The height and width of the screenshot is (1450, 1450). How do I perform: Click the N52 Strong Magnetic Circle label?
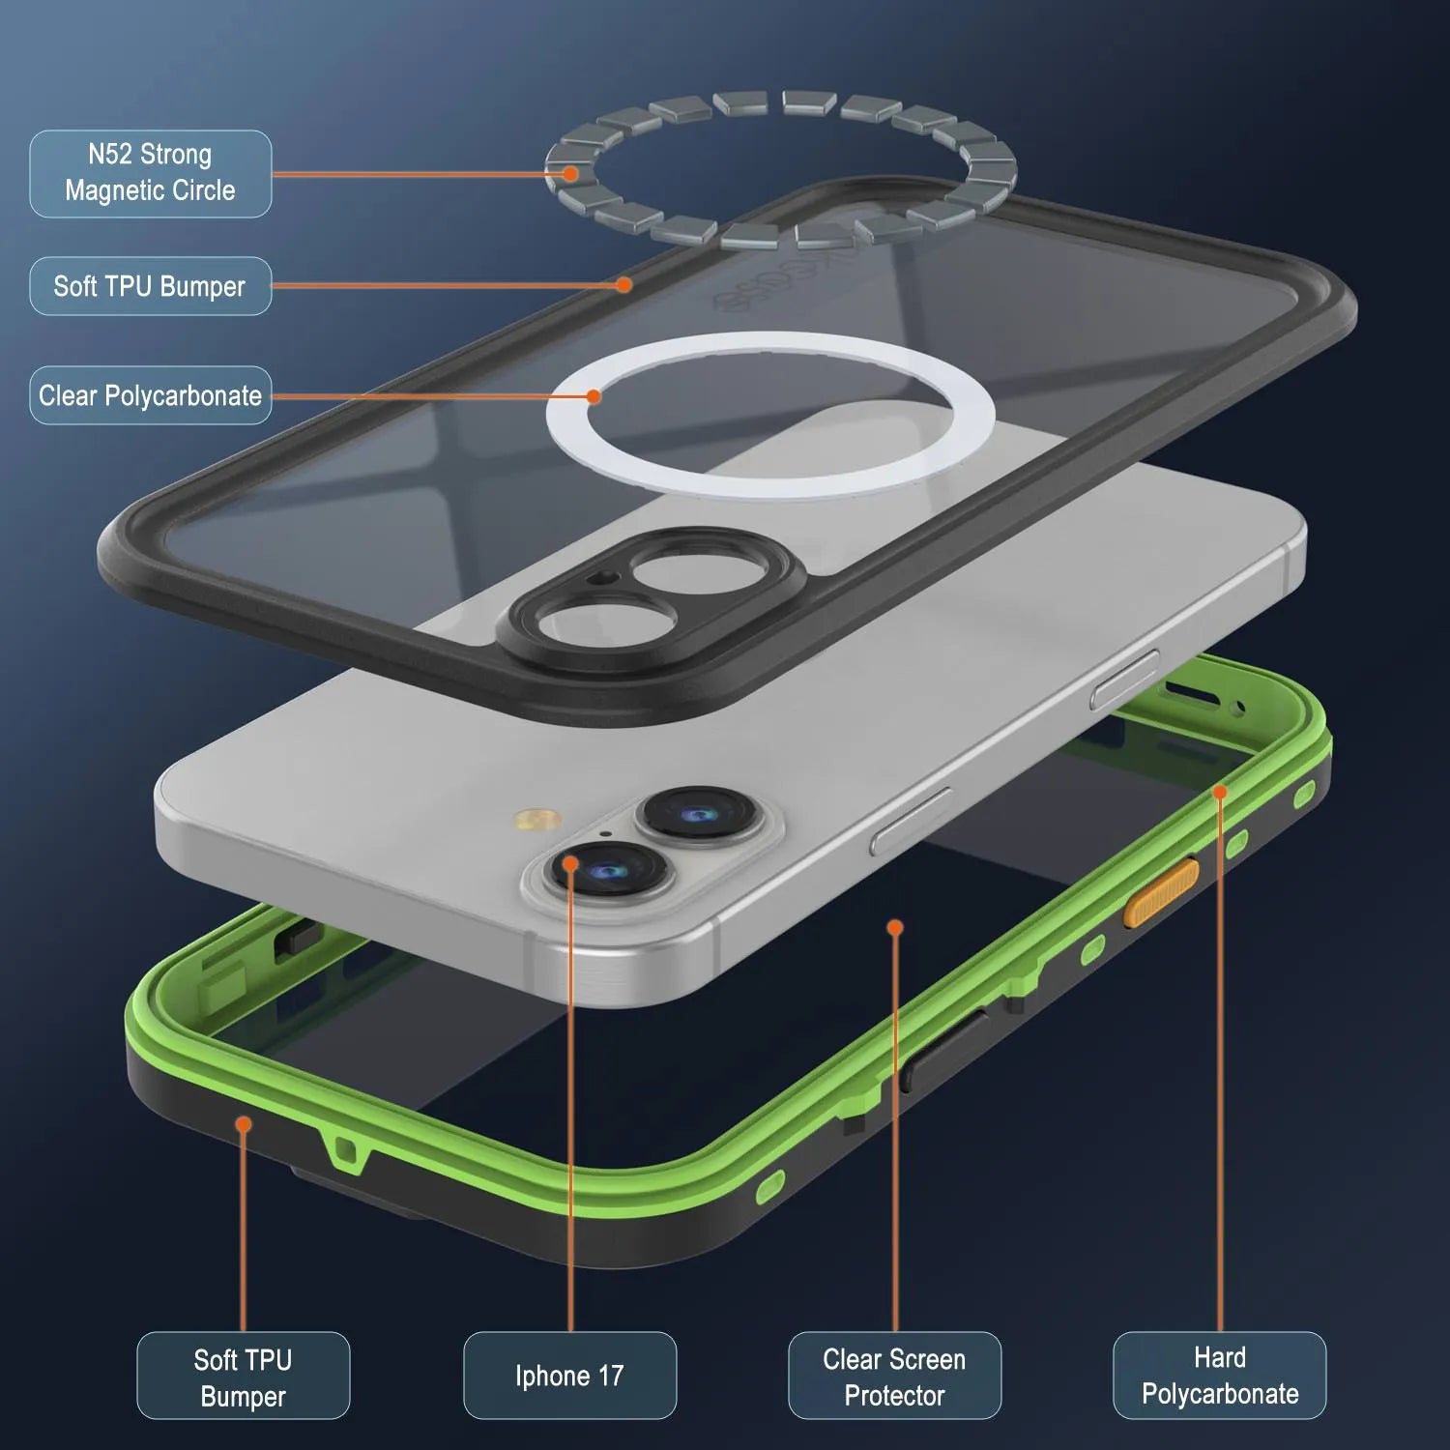(150, 173)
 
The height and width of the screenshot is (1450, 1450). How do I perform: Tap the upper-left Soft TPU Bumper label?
(150, 286)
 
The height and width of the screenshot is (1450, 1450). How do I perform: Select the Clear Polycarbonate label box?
(150, 395)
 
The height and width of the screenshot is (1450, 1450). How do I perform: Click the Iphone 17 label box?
(569, 1375)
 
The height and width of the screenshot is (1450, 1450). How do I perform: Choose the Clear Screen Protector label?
(894, 1376)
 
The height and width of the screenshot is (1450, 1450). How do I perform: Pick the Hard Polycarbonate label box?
(1219, 1375)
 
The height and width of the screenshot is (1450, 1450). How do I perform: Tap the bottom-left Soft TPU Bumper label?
(243, 1376)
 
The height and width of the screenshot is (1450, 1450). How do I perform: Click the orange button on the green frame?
(1161, 893)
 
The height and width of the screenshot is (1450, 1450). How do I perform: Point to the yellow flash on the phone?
(537, 821)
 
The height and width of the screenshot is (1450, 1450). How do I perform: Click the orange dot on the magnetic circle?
(570, 174)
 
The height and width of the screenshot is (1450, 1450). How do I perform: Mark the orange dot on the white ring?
(594, 396)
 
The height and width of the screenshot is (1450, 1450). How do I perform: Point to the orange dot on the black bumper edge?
(624, 284)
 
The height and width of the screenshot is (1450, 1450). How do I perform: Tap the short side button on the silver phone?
(1124, 680)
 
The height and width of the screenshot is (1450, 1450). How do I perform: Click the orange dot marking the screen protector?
(895, 928)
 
